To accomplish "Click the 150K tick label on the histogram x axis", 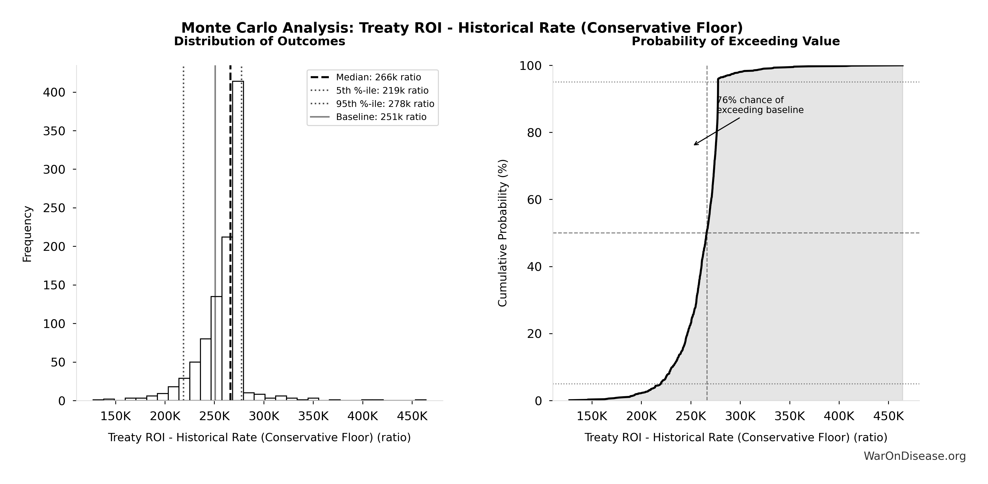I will click(x=115, y=416).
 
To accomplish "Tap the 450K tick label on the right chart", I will click(x=888, y=416).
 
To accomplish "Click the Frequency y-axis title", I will click(x=27, y=234).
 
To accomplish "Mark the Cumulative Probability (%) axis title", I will click(x=502, y=233).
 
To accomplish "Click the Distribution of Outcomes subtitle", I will click(x=260, y=41).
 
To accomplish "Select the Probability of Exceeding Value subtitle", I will click(x=736, y=41).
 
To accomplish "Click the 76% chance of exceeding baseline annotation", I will click(x=759, y=105).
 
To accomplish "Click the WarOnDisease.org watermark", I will click(x=914, y=456).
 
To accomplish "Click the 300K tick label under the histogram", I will click(x=264, y=416).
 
